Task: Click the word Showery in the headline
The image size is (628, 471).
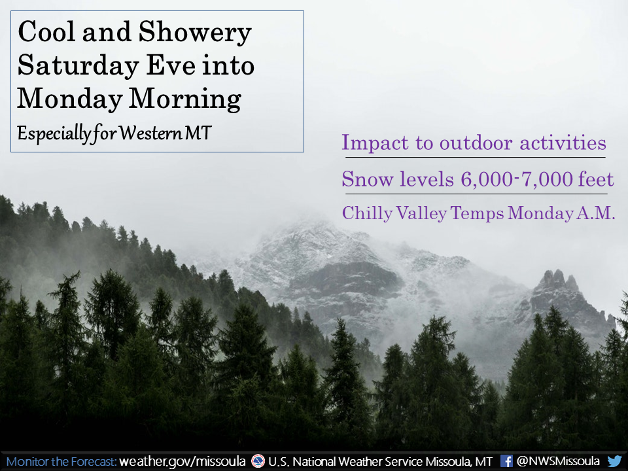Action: click(x=195, y=33)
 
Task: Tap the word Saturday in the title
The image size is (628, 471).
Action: click(x=78, y=66)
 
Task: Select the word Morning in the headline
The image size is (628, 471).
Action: click(x=185, y=99)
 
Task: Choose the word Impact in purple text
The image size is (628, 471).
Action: click(x=375, y=143)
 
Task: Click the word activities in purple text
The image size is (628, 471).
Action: click(x=563, y=143)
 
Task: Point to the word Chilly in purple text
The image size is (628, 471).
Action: click(x=367, y=214)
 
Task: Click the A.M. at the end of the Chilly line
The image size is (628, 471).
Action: click(x=595, y=213)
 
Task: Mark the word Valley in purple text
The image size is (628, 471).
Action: click(x=421, y=214)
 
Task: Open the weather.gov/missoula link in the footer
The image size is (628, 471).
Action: click(x=183, y=461)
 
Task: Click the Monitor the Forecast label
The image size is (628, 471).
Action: click(x=61, y=462)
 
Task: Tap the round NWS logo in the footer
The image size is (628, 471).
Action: click(x=258, y=461)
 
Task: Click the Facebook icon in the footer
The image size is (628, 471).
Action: click(x=506, y=461)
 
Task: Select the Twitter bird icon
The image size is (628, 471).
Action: click(x=614, y=461)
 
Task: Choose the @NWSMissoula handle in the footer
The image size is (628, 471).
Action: click(x=558, y=461)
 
